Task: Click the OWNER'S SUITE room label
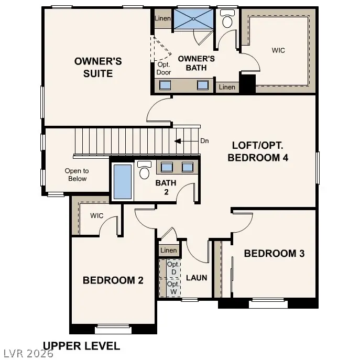98,68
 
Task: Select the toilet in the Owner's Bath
227,20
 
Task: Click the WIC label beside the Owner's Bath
279,51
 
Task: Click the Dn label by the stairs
205,140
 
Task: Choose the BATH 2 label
166,188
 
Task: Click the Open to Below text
77,174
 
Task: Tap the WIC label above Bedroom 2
97,215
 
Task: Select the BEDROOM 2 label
113,280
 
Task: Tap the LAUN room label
197,278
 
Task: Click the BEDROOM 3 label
274,254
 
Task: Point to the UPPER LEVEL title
81,346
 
